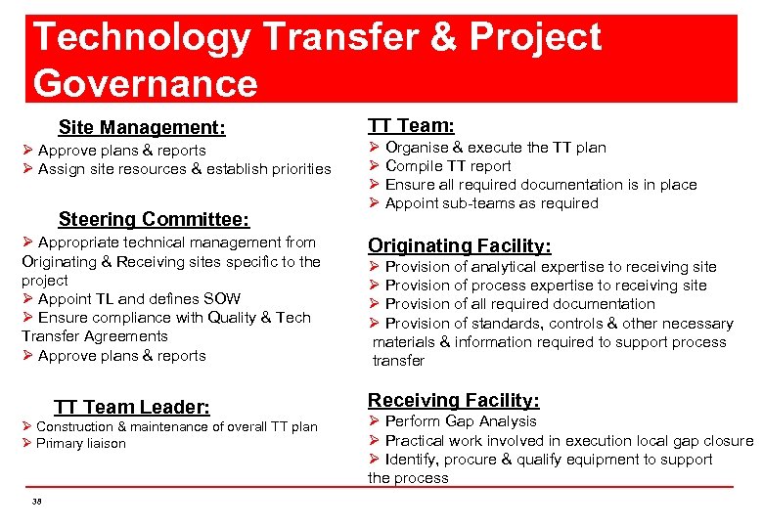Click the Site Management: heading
tap(142, 127)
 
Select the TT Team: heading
tap(411, 125)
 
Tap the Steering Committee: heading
tap(154, 219)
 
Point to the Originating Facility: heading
tap(459, 245)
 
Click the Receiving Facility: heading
tap(453, 400)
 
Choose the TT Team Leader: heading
tap(132, 407)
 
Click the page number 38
tap(37, 501)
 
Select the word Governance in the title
tap(145, 82)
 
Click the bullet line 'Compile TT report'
tap(448, 166)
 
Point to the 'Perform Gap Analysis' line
tap(461, 421)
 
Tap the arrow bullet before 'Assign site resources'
tap(28, 169)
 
